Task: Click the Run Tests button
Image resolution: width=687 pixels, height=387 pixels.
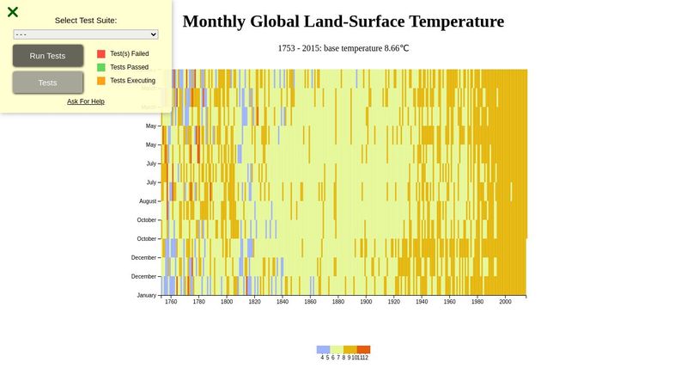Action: click(x=48, y=56)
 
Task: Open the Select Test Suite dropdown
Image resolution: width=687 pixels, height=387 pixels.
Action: click(x=86, y=34)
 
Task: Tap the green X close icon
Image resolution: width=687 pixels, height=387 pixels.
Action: click(x=13, y=12)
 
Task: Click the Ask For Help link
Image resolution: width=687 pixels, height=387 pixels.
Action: click(x=86, y=101)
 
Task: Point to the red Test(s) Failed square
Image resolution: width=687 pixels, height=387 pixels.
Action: click(x=101, y=53)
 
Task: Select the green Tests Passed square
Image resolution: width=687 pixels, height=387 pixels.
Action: click(x=101, y=67)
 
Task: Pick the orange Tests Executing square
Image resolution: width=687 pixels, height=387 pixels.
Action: click(x=101, y=81)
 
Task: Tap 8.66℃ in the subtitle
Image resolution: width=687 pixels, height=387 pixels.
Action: click(x=392, y=48)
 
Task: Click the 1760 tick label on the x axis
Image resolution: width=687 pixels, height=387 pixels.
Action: click(x=171, y=302)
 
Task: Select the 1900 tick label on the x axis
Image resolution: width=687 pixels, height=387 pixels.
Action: click(x=366, y=302)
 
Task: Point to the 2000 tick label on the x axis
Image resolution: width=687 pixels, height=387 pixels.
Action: click(x=505, y=302)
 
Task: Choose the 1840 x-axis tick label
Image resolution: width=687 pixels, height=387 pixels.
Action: click(x=283, y=302)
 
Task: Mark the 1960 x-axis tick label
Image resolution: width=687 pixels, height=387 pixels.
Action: click(x=449, y=302)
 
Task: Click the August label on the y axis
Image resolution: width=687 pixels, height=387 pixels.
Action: click(x=148, y=201)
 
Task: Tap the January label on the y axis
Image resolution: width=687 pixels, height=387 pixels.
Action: click(x=147, y=295)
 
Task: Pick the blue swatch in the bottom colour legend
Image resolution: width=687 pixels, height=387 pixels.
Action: click(x=323, y=349)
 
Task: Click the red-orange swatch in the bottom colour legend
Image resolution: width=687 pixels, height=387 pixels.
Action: click(x=363, y=349)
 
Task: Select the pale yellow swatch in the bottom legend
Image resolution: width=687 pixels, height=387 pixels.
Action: click(x=337, y=349)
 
